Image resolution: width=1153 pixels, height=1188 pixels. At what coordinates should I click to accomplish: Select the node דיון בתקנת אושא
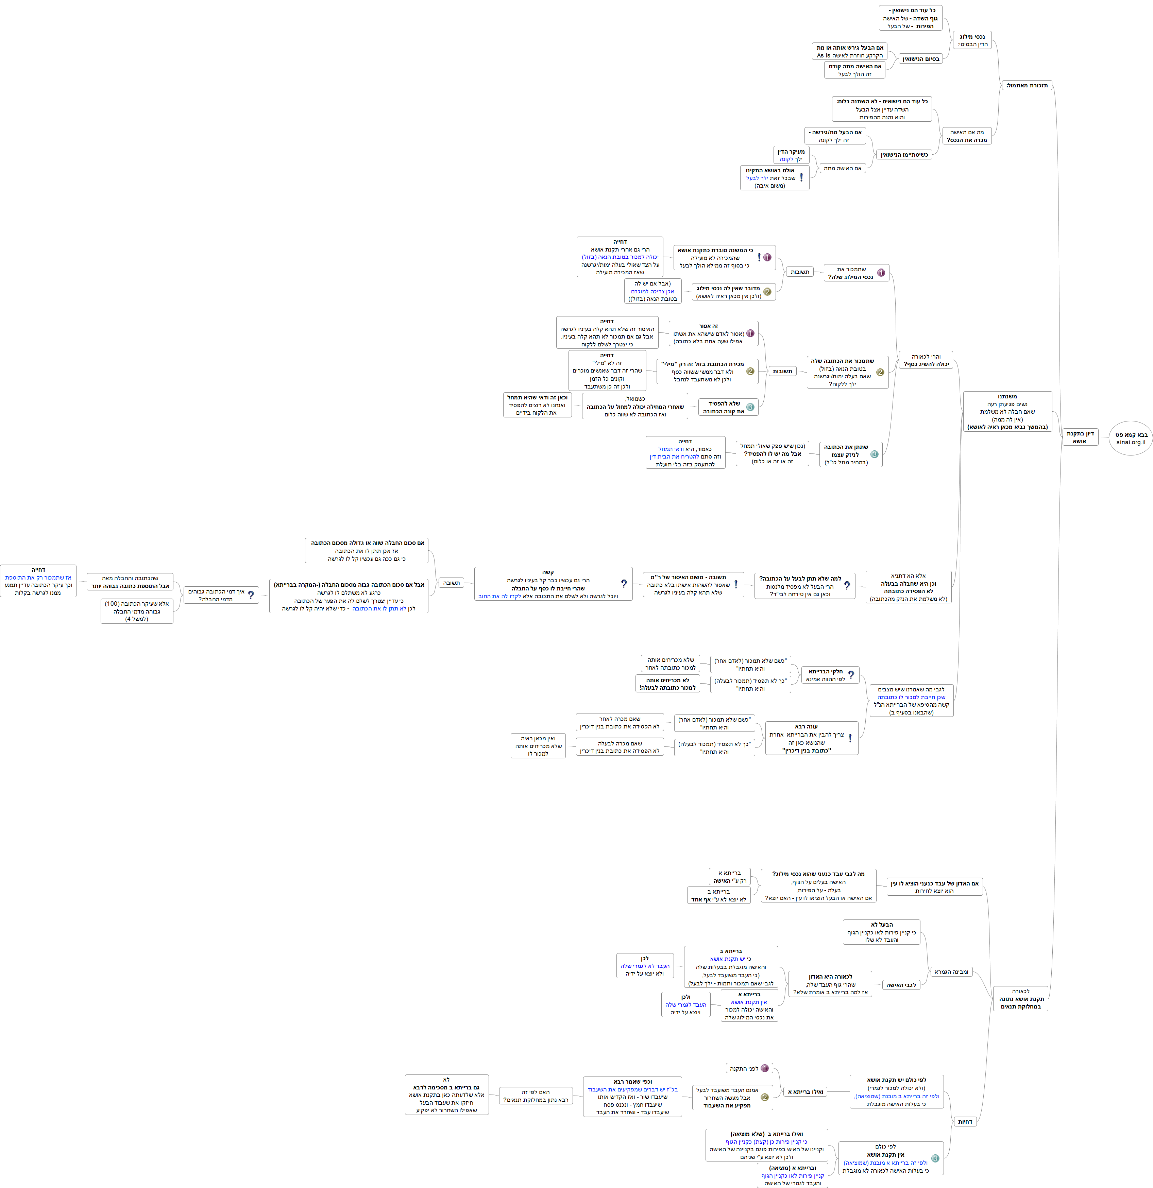click(1080, 437)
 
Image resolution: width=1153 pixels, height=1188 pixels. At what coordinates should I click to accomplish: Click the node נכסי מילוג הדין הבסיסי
click(972, 40)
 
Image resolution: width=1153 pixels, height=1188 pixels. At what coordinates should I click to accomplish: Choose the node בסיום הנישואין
click(920, 59)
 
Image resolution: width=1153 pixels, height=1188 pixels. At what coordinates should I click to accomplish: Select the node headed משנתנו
click(1007, 412)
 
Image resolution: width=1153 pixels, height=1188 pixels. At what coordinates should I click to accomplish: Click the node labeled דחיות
click(965, 1121)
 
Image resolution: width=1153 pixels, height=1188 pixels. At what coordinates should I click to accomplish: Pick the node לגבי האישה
click(901, 985)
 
